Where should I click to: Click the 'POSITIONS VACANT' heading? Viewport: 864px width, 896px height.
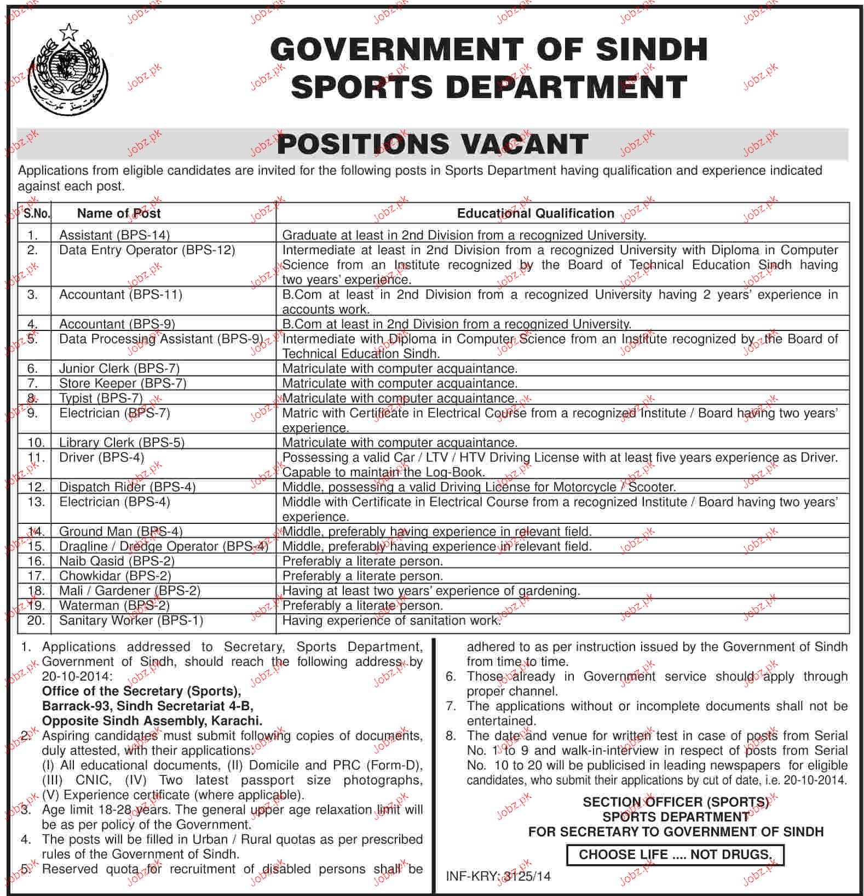tap(433, 145)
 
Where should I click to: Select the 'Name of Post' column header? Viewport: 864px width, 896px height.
tap(119, 213)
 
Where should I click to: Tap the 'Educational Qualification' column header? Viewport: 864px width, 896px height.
tap(535, 213)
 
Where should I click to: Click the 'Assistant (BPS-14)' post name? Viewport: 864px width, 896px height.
tap(114, 235)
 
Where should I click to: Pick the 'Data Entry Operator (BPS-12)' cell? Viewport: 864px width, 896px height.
tap(147, 250)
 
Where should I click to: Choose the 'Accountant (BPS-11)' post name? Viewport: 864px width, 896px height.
tap(120, 295)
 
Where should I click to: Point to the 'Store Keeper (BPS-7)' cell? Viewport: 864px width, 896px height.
tap(123, 383)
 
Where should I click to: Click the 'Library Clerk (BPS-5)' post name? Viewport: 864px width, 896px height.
tap(122, 442)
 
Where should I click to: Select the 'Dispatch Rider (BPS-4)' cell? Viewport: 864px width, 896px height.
tap(127, 487)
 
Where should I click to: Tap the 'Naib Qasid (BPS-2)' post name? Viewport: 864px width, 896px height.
tap(117, 561)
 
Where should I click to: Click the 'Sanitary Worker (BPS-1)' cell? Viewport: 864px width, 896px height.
tap(131, 620)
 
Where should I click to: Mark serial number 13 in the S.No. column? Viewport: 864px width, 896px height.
tap(36, 502)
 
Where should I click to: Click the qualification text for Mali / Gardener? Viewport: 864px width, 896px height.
tap(430, 591)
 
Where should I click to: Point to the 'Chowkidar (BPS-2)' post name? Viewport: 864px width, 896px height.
tap(115, 575)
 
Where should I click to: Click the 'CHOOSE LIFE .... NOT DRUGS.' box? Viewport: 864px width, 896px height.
tap(675, 854)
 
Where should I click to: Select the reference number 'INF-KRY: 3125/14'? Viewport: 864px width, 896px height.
tap(498, 876)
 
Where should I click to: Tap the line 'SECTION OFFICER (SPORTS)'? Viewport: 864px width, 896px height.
tap(676, 802)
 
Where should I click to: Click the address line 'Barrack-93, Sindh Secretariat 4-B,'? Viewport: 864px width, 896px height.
tap(147, 706)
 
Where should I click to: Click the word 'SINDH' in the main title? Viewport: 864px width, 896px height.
tap(652, 50)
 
